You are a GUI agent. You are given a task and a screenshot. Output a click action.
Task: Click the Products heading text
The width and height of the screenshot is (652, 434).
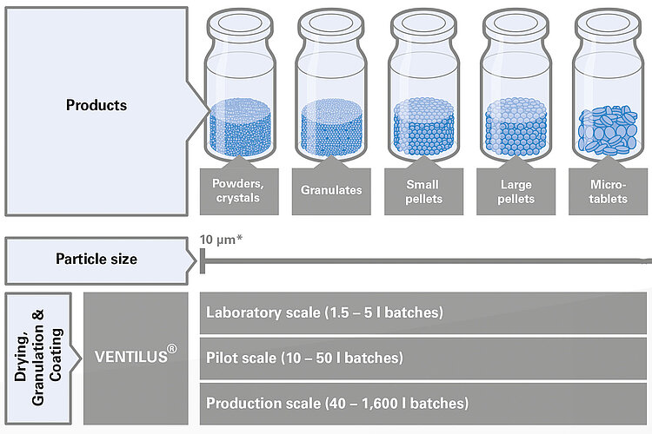click(x=96, y=105)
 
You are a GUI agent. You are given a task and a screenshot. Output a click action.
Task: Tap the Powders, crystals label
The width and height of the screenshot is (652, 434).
click(x=238, y=191)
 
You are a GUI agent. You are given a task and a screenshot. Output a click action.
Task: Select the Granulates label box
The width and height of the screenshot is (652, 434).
click(x=331, y=191)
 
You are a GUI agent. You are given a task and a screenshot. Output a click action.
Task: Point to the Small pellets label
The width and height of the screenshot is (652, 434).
click(x=423, y=192)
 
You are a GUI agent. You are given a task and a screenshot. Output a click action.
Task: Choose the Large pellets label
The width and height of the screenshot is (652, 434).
click(x=516, y=192)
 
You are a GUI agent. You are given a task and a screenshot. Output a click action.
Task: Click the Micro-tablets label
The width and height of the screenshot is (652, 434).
click(x=608, y=192)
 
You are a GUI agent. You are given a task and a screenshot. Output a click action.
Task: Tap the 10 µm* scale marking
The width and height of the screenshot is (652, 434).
click(x=221, y=240)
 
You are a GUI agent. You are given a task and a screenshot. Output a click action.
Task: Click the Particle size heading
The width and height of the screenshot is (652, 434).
click(x=96, y=260)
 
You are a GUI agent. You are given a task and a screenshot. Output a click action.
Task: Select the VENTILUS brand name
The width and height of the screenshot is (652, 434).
click(x=131, y=357)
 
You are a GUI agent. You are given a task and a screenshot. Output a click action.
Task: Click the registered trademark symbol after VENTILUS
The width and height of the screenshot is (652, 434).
click(x=172, y=348)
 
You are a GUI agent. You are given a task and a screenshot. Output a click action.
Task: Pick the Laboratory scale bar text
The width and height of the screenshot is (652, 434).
click(x=325, y=312)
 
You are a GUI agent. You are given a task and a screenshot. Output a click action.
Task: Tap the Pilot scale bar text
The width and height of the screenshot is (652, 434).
click(x=305, y=358)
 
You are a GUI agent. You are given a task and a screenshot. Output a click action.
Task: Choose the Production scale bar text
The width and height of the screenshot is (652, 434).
click(x=337, y=404)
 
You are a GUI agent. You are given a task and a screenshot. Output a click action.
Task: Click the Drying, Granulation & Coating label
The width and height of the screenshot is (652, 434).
click(x=38, y=358)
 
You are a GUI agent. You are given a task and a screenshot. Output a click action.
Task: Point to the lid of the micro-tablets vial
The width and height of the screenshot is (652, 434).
click(x=608, y=26)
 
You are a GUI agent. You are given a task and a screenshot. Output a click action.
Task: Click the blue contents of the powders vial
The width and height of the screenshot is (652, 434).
click(x=240, y=127)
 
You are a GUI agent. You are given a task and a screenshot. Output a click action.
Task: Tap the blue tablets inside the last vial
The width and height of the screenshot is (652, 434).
click(x=608, y=130)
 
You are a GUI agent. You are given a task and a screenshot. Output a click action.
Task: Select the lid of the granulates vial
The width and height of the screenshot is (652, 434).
click(x=331, y=26)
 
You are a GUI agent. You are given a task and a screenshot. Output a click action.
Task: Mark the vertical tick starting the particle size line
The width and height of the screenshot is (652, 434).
click(x=203, y=261)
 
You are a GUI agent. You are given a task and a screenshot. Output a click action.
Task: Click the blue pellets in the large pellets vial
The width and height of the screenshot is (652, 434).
click(x=516, y=127)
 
